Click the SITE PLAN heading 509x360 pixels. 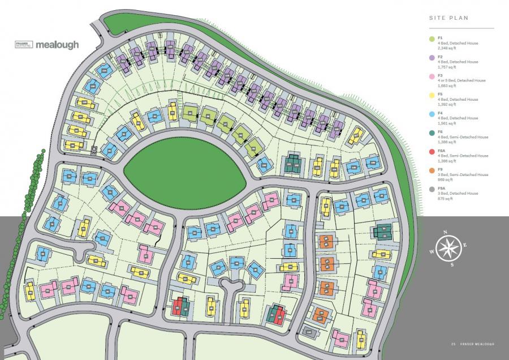coord(448,18)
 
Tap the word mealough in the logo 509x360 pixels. coord(57,45)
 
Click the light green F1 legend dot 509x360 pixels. coord(432,39)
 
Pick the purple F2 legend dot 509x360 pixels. coord(432,58)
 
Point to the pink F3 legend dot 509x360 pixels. coord(432,76)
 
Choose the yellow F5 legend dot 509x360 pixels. coord(432,95)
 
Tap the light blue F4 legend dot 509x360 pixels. coord(432,114)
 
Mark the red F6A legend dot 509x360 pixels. coord(432,151)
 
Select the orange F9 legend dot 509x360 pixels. coord(432,170)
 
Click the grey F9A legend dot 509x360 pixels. coord(432,188)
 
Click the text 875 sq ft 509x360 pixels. coord(445,199)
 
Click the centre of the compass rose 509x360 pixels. coord(448,247)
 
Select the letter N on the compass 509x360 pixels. coord(445,233)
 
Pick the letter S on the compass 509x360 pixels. coord(452,263)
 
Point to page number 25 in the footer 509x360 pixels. coord(453,345)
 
